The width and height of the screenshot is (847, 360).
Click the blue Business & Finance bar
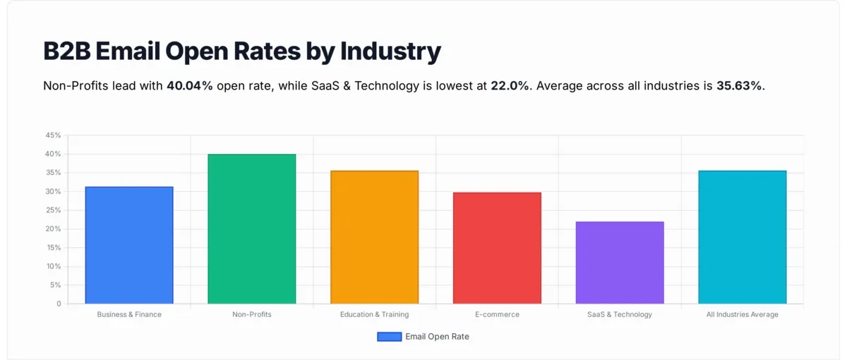click(129, 245)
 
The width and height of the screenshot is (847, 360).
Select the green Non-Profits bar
click(251, 229)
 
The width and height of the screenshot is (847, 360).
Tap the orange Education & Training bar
click(374, 237)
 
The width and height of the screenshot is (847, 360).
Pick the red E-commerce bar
click(497, 248)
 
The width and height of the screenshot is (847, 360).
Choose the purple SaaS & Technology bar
click(620, 263)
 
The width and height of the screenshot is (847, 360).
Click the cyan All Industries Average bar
click(742, 237)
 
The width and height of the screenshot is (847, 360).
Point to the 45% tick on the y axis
click(53, 135)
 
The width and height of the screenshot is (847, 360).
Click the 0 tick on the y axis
click(59, 304)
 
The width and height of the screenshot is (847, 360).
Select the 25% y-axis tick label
click(53, 210)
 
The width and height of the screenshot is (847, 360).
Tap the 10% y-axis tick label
click(53, 267)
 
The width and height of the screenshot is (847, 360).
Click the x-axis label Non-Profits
click(251, 315)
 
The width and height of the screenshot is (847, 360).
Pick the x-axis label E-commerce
click(497, 315)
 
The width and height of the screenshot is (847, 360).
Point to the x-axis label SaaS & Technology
click(620, 315)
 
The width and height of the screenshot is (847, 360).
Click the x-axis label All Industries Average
click(742, 315)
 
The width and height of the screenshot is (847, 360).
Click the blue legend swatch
click(389, 337)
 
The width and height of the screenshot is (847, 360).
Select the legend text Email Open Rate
click(437, 337)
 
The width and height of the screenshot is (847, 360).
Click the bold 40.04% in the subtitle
click(190, 86)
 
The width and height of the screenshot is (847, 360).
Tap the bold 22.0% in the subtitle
click(510, 86)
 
